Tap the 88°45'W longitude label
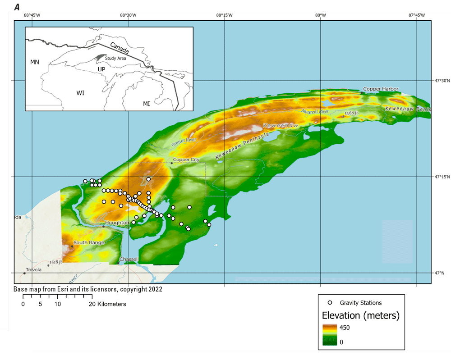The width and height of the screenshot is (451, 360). point(32,15)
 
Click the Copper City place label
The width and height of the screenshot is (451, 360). point(186,159)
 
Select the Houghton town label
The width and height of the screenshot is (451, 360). point(117,223)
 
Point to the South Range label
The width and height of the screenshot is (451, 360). point(89,242)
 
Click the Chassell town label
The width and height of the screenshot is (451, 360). point(129,260)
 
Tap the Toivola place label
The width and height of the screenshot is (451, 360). point(34,270)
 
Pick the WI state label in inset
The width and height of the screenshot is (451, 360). point(80,93)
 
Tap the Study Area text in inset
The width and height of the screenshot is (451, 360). point(115,58)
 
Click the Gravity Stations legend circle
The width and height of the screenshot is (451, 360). point(330,303)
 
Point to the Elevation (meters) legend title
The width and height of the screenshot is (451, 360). point(360,315)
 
